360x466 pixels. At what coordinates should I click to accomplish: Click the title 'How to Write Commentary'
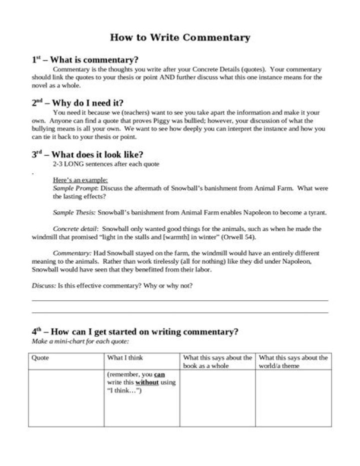pos(180,38)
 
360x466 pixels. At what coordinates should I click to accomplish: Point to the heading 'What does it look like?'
pos(100,154)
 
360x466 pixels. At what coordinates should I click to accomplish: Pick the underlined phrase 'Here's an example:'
pos(80,180)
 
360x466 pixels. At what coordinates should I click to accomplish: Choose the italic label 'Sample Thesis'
pos(74,212)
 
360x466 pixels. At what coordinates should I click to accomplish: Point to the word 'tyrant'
pos(316,212)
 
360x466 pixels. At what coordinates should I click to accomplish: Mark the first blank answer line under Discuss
pos(180,300)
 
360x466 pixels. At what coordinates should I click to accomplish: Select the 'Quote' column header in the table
pos(40,358)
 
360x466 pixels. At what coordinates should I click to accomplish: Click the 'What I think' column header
pos(125,358)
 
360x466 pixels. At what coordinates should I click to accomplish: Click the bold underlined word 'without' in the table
pos(146,382)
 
